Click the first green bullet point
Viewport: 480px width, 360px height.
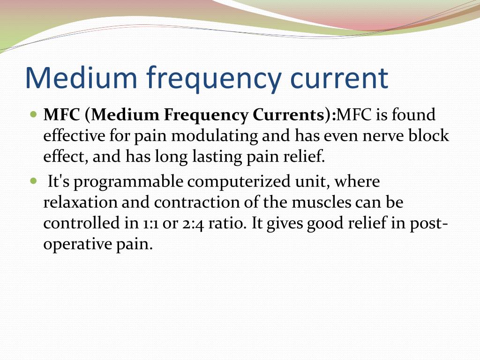point(33,114)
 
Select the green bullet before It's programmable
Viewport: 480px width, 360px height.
point(33,180)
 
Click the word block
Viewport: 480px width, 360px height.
point(429,136)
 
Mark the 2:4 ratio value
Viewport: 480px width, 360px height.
point(193,224)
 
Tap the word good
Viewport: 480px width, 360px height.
point(325,224)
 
